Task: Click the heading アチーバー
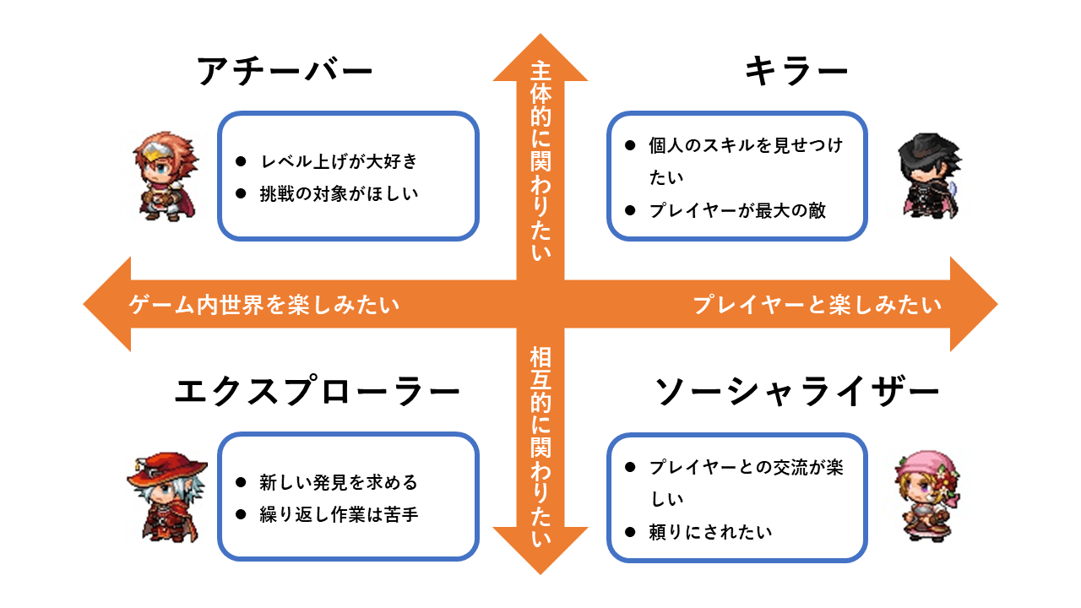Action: (x=285, y=72)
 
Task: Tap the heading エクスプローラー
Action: (x=317, y=392)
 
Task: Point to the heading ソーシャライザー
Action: (x=797, y=392)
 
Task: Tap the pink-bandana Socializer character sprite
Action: (x=926, y=496)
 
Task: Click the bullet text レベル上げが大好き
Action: (x=338, y=160)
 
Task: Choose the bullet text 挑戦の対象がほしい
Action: (x=339, y=193)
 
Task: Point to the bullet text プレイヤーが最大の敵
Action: (x=737, y=210)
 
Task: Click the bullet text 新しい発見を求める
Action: (x=338, y=483)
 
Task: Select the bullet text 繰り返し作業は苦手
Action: (x=338, y=514)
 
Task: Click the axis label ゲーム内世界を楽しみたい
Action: (x=264, y=305)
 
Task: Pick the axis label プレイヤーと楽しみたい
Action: (x=817, y=305)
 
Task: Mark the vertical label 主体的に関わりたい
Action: (x=540, y=160)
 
